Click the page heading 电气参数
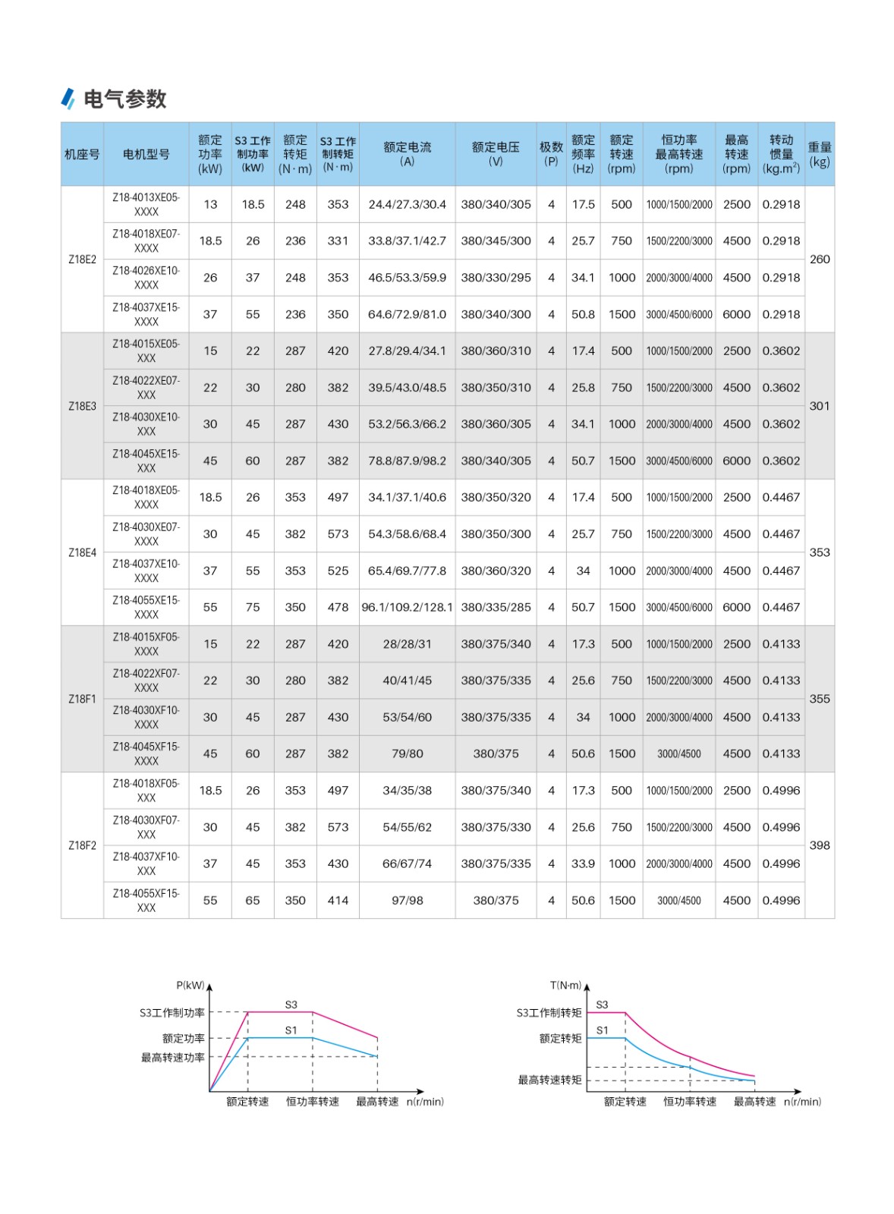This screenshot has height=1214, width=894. (x=124, y=99)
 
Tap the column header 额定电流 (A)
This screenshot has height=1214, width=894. (x=407, y=153)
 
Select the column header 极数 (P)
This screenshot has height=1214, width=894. (x=551, y=153)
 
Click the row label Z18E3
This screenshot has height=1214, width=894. (x=82, y=406)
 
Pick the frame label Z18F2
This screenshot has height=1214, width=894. (x=82, y=845)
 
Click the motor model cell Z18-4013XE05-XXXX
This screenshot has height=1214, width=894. (x=146, y=204)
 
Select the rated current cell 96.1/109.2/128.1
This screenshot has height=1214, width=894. (x=407, y=607)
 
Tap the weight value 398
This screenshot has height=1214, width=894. (x=819, y=845)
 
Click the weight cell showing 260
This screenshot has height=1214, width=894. (x=819, y=259)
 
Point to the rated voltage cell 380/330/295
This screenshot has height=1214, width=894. (x=496, y=278)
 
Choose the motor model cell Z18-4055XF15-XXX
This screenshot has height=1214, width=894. (x=146, y=900)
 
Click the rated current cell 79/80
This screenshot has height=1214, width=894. (x=407, y=753)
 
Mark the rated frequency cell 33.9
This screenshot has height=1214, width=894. (x=583, y=863)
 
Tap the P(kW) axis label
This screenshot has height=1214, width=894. (x=190, y=986)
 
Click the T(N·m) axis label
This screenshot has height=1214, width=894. (x=565, y=986)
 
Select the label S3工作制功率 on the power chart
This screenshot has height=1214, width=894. (x=172, y=1013)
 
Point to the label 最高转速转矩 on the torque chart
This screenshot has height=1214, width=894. (x=549, y=1080)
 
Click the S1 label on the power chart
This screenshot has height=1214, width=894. (x=291, y=1030)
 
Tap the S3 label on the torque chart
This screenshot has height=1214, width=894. (x=602, y=1005)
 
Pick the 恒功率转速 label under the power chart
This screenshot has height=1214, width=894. (x=313, y=1102)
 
